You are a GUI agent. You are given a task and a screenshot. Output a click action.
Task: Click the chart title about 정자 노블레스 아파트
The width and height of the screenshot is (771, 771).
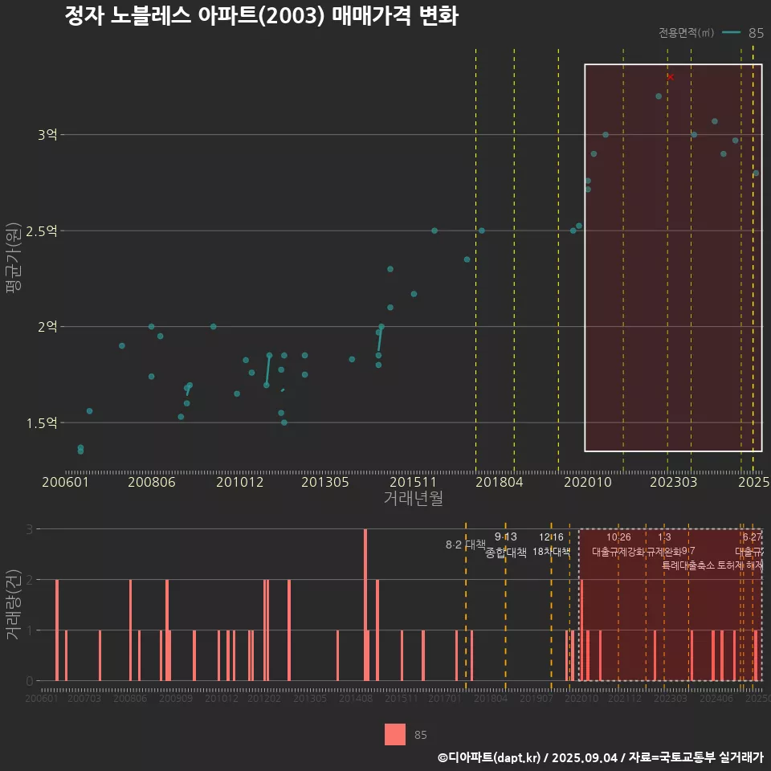[x=261, y=16]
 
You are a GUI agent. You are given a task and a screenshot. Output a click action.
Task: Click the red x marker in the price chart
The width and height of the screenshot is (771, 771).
[x=671, y=77]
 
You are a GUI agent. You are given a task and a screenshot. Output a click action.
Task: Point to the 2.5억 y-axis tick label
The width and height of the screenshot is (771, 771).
[x=42, y=231]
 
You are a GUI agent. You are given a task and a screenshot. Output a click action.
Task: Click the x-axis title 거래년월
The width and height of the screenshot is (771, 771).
[x=413, y=498]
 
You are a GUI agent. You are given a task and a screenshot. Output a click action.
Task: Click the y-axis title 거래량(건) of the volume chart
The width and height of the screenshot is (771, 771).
[x=14, y=604]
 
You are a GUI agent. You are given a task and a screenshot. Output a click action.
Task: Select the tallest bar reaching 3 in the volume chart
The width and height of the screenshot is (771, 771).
[x=365, y=604]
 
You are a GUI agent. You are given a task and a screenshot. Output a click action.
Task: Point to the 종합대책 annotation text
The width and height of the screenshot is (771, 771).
[x=506, y=553]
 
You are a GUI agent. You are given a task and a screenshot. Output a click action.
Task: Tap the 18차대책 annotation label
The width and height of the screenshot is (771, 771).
[x=551, y=552]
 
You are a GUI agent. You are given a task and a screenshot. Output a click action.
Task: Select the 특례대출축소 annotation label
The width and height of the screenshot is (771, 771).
[x=687, y=565]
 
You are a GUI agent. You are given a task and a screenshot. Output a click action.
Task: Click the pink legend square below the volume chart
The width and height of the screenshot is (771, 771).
[x=395, y=734]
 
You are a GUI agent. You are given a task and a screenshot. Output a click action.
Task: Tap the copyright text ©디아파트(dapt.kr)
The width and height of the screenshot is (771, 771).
[x=490, y=757]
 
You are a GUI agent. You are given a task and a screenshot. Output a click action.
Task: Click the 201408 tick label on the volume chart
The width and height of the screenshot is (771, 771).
[x=356, y=699]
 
